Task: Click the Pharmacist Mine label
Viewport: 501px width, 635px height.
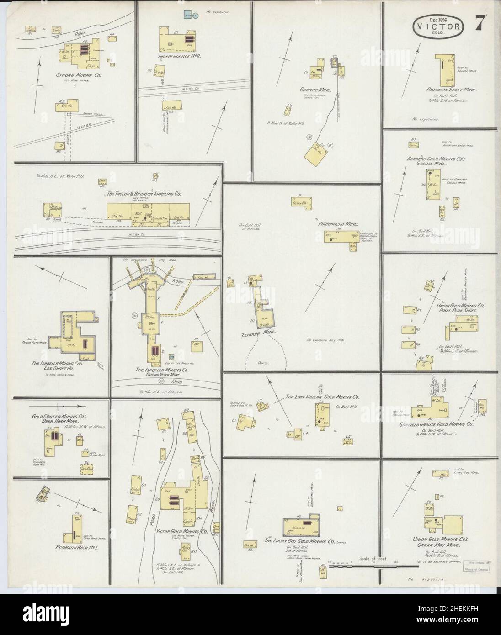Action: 339,224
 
